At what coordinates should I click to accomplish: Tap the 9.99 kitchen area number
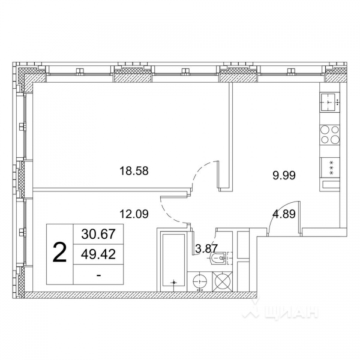point(284,175)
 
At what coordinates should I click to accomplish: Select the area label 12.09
point(134,212)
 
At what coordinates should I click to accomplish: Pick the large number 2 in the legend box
point(59,253)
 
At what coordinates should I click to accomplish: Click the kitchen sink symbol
point(330,103)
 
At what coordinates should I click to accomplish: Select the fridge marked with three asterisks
point(330,167)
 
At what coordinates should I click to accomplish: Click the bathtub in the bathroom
point(174,261)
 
